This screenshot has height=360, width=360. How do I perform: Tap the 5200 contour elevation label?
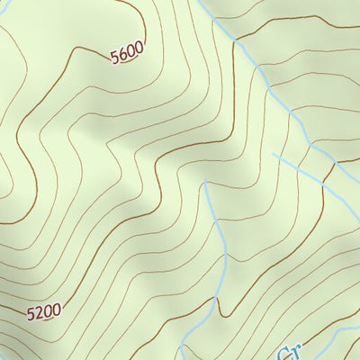click(44, 312)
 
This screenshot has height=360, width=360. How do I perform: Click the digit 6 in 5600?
click(122, 56)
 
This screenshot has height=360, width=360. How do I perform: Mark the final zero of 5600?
click(139, 49)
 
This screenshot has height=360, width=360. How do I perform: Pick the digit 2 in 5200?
click(40, 313)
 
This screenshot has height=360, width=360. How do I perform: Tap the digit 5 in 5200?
click(31, 315)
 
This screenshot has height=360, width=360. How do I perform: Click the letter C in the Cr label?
click(283, 351)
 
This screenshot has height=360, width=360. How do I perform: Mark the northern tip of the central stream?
click(206, 182)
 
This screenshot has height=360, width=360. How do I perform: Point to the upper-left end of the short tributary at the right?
click(273, 154)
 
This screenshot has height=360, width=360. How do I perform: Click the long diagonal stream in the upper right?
click(270, 90)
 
